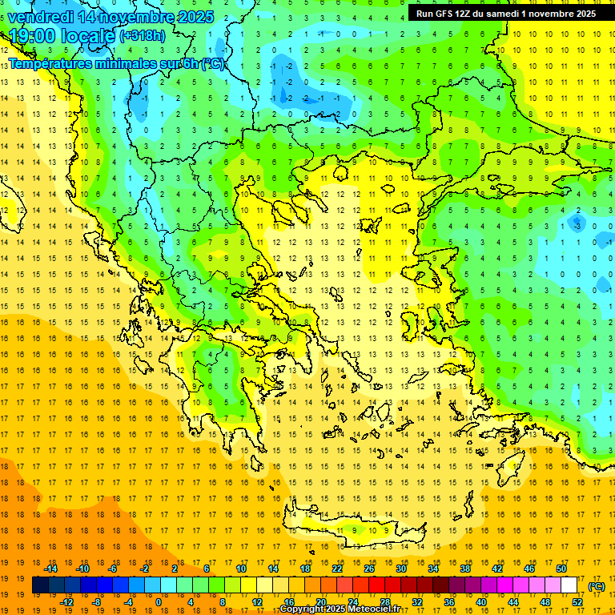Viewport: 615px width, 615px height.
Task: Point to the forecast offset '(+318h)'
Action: (144, 36)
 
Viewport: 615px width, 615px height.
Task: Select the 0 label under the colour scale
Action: (158, 602)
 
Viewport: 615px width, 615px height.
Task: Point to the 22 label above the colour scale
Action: (337, 568)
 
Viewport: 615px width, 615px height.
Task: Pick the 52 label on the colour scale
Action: (577, 602)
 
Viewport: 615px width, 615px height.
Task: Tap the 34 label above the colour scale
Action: (433, 568)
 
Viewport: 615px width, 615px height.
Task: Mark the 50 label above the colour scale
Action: (561, 568)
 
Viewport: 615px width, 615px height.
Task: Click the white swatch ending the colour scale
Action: (569, 585)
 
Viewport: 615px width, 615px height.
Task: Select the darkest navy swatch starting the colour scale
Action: (40, 585)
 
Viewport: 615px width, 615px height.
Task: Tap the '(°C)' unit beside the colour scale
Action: (596, 585)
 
